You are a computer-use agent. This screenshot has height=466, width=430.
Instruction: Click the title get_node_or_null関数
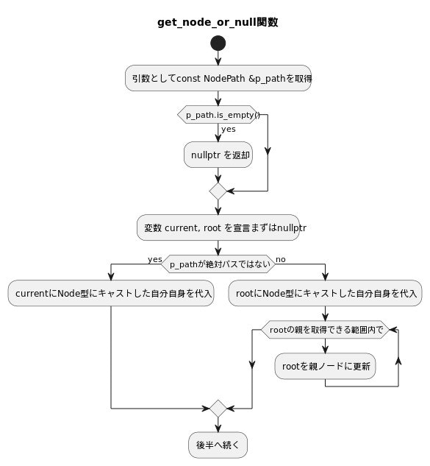pos(218,22)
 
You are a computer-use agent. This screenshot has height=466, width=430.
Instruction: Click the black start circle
pos(218,43)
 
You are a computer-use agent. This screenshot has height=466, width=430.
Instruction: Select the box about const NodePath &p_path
pos(218,78)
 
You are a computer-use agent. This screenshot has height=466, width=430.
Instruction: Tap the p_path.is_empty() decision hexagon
pos(218,115)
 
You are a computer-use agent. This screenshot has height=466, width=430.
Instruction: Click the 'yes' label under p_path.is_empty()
pos(229,130)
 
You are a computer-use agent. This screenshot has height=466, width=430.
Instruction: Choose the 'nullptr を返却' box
pos(218,155)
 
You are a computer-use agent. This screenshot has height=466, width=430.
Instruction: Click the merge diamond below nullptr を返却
pos(218,191)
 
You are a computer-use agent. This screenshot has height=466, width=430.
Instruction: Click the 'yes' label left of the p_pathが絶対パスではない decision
pos(154,260)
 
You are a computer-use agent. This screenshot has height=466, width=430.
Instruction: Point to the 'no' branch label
pos(281,260)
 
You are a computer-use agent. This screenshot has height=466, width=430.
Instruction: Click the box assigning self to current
pos(111,293)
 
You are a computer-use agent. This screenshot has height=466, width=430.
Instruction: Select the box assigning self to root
pos(325,293)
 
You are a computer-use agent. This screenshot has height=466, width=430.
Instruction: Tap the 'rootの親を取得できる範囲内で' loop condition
pos(325,330)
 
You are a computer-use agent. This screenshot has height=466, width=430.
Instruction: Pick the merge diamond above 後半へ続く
pos(218,408)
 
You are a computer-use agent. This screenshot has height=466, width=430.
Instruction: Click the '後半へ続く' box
pos(218,445)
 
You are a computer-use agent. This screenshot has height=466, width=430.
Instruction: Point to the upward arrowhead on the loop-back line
pos(398,361)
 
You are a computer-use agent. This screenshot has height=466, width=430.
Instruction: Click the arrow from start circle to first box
pos(218,58)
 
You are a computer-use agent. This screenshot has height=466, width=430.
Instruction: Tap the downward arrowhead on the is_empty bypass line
pos(267,152)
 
